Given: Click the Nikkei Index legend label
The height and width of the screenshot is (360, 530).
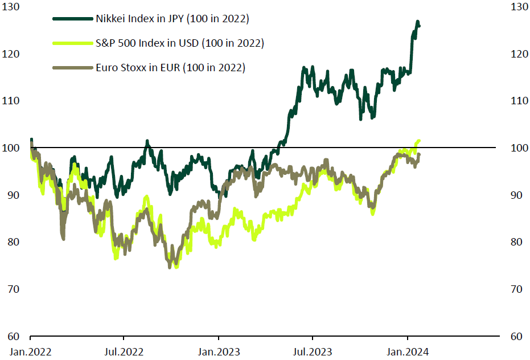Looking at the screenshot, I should click(x=174, y=19).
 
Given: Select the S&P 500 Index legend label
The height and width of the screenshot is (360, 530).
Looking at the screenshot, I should click(x=181, y=43).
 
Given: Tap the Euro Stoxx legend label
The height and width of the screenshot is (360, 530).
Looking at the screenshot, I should click(x=171, y=68).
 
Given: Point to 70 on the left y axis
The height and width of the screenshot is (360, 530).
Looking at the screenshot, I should click(x=14, y=289).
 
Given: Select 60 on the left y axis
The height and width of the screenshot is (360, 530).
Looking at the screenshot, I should click(x=14, y=336).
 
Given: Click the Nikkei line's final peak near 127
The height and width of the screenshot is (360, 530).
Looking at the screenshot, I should click(x=418, y=22).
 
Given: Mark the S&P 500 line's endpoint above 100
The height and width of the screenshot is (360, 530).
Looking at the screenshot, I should click(x=420, y=141).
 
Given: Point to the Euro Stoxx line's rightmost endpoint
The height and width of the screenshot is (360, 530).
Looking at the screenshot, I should click(x=420, y=154).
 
